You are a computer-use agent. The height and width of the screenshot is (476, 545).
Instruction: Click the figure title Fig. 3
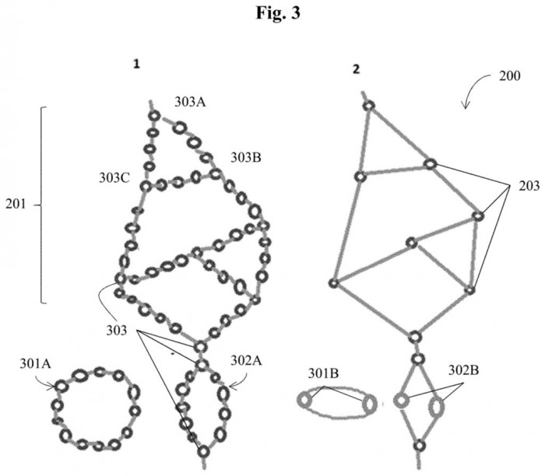click(272, 12)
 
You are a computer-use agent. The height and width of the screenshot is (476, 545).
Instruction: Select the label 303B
click(245, 157)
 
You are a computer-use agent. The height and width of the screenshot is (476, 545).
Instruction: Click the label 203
click(520, 188)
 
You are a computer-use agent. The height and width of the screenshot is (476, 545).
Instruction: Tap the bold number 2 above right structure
click(356, 68)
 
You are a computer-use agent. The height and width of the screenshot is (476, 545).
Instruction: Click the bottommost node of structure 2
click(418, 446)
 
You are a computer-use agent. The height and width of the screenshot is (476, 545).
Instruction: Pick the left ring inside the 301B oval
click(304, 401)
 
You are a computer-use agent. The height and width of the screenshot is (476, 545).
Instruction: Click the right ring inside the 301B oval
click(369, 403)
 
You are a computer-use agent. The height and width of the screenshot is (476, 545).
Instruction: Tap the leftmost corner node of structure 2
click(333, 283)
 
